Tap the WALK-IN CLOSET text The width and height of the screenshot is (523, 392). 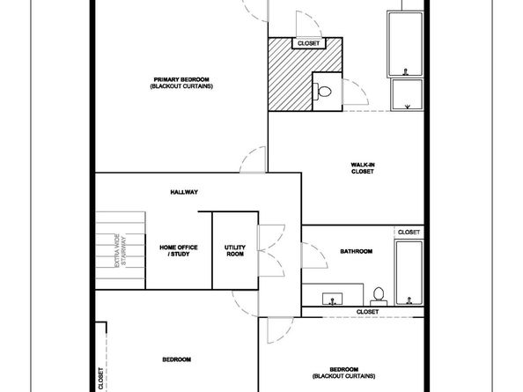363,167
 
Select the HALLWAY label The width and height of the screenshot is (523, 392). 184,192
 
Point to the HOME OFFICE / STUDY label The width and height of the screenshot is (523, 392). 178,251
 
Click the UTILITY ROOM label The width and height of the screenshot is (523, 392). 234,251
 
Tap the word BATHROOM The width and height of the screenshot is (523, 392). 357,252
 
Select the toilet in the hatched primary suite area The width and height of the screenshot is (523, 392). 322,90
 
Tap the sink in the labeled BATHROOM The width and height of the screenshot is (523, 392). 333,297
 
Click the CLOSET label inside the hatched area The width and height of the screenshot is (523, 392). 308,42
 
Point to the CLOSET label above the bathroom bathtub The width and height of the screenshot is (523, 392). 409,232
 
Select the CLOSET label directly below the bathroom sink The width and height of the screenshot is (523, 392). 367,312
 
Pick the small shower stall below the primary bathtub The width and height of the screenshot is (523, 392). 407,94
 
